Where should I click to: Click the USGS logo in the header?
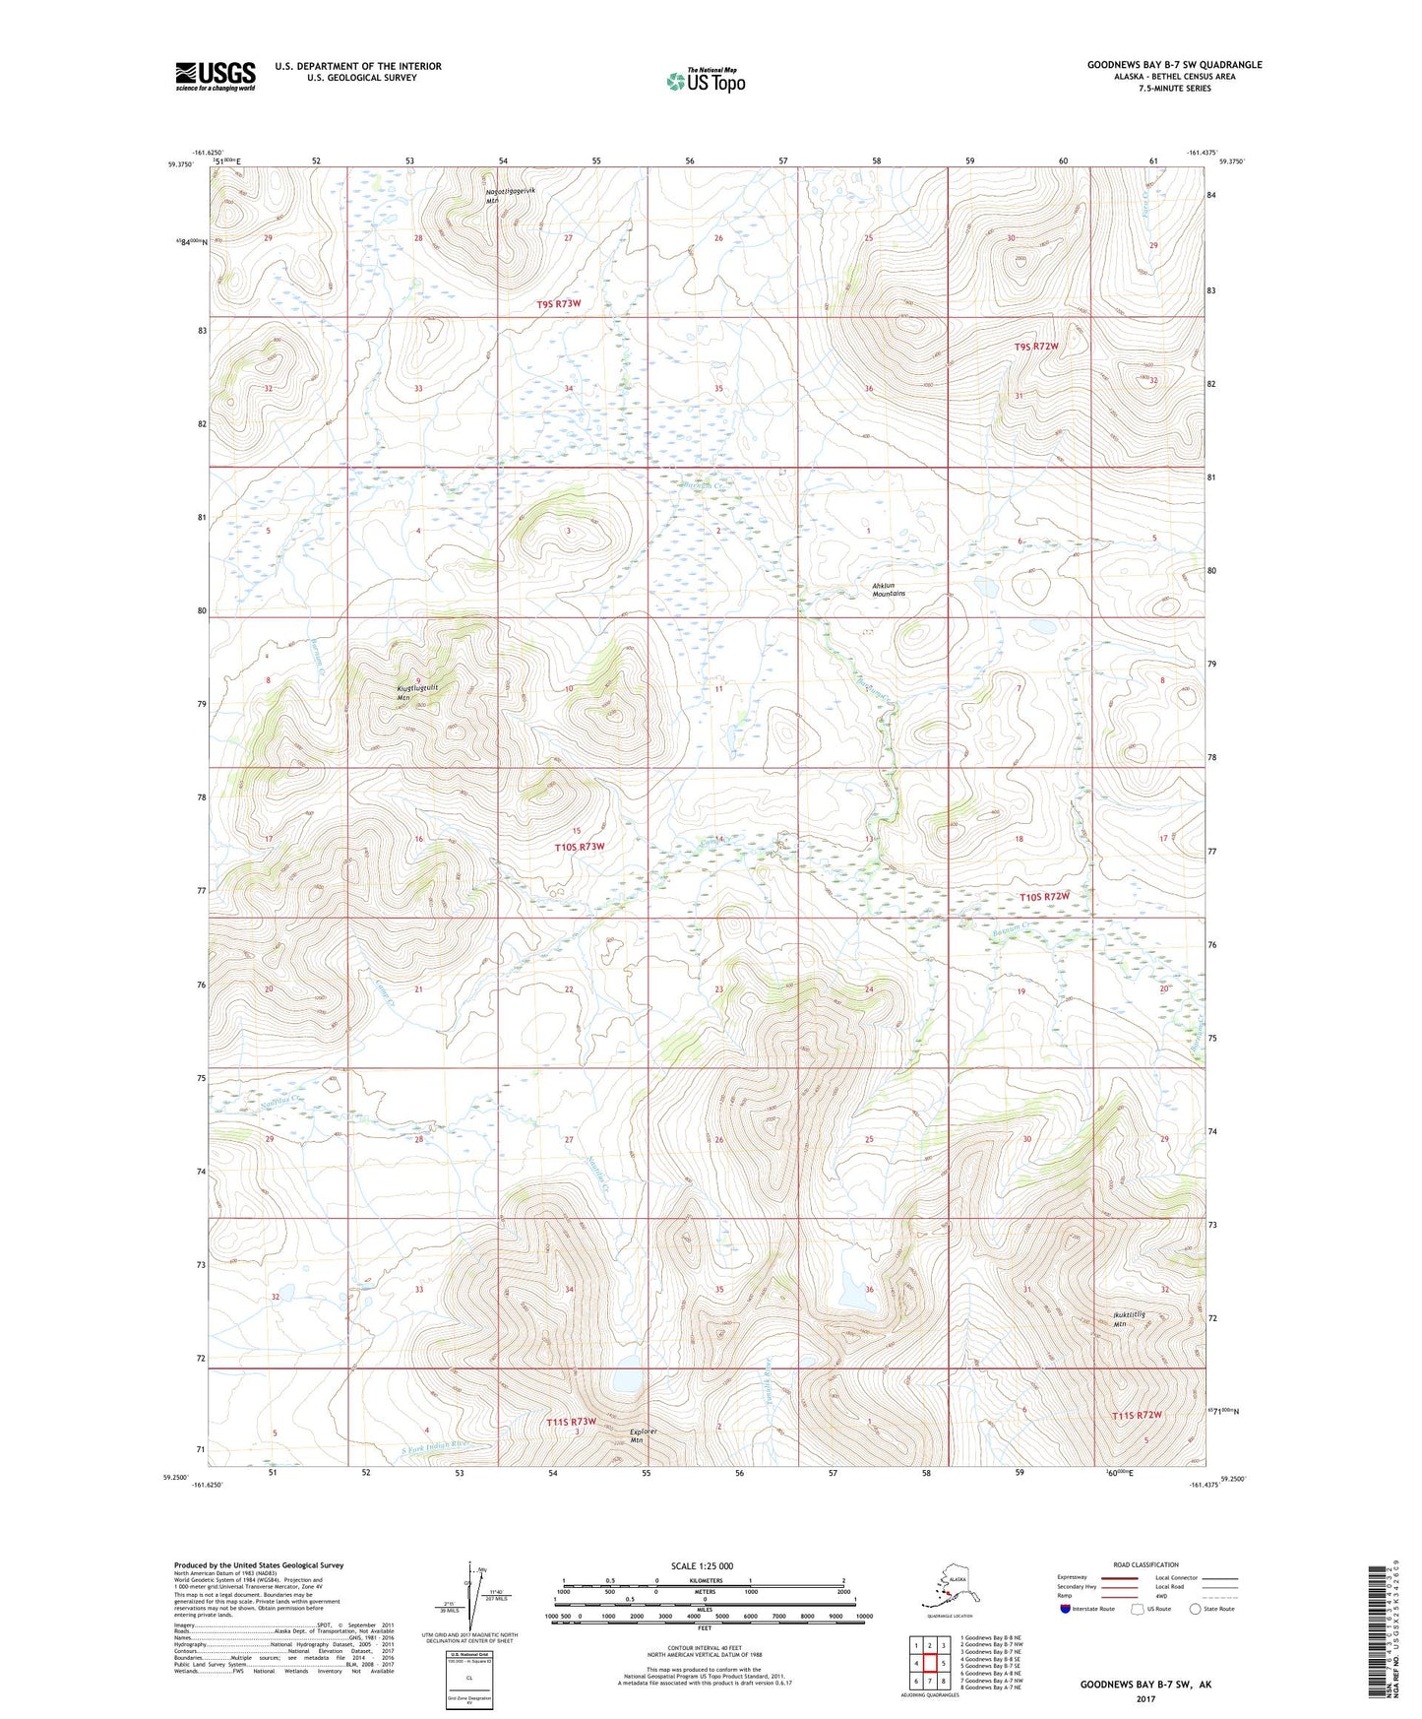(x=216, y=76)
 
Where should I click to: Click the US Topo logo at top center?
(x=706, y=81)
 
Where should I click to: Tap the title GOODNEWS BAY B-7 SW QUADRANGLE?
(x=1174, y=65)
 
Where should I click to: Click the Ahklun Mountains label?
(x=888, y=591)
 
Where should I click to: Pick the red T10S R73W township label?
(x=579, y=847)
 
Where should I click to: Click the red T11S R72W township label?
(x=1137, y=1416)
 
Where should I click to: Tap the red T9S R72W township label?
(x=1036, y=347)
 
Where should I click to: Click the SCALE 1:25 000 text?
(x=702, y=1566)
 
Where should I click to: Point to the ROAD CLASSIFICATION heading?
(x=1145, y=1565)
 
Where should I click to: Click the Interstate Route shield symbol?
(x=1065, y=1610)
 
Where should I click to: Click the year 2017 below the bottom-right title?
(x=1144, y=1698)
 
